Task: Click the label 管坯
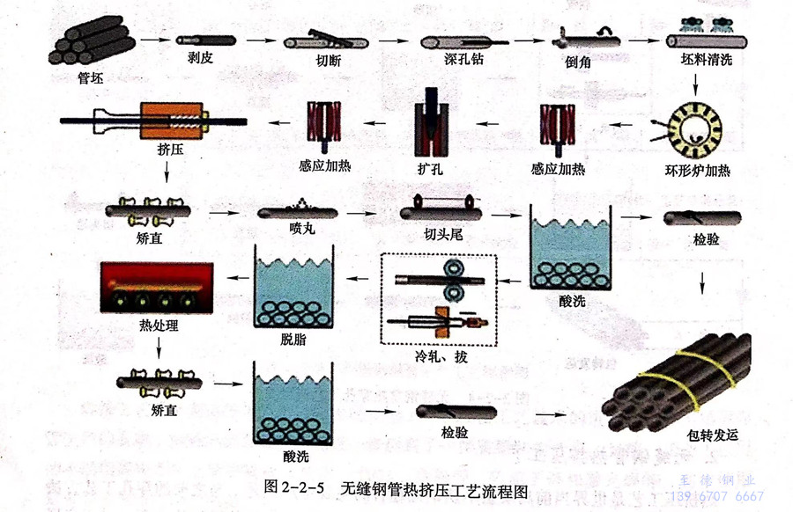point(90,75)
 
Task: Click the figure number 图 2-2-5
point(294,485)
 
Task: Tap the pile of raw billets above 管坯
point(90,39)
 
